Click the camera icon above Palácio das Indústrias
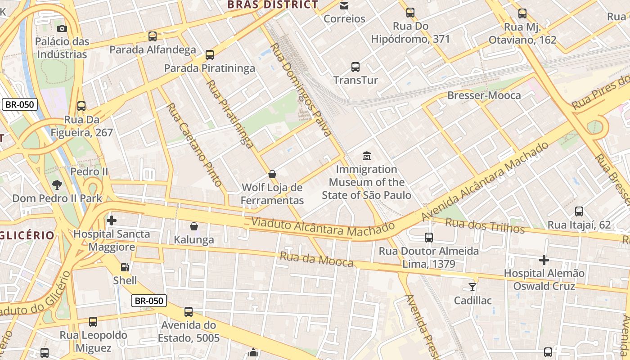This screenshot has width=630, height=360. pyautogui.click(x=62, y=29)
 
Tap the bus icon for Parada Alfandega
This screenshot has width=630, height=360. pyautogui.click(x=153, y=36)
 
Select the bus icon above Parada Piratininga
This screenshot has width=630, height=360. pyautogui.click(x=209, y=55)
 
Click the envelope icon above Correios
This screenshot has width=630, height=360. pyautogui.click(x=344, y=5)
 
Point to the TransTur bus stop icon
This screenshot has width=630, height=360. pyautogui.click(x=355, y=67)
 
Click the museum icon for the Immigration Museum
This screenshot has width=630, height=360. pyautogui.click(x=367, y=156)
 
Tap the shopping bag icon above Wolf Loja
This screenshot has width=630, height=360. pyautogui.click(x=272, y=174)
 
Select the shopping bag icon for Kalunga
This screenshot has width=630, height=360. pyautogui.click(x=194, y=226)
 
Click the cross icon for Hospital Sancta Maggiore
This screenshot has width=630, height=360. pyautogui.click(x=112, y=220)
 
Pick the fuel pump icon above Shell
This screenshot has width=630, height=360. pyautogui.click(x=125, y=267)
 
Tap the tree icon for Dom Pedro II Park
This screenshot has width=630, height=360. pyautogui.click(x=57, y=184)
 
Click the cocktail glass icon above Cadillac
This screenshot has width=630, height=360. pyautogui.click(x=472, y=287)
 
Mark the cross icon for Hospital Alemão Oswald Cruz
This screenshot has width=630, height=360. pyautogui.click(x=544, y=260)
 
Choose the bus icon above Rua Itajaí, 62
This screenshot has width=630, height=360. pyautogui.click(x=579, y=211)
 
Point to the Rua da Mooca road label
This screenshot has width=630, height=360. pyautogui.click(x=316, y=260)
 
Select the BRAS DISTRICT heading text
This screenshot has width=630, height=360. pyautogui.click(x=273, y=5)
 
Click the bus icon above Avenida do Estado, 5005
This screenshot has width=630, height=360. pyautogui.click(x=189, y=311)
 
